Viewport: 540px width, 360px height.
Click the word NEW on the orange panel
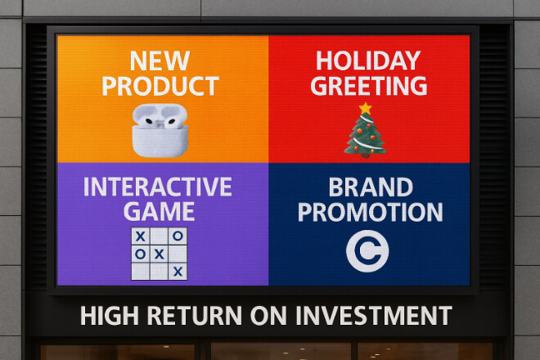(160, 61)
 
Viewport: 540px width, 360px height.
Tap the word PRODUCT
(160, 86)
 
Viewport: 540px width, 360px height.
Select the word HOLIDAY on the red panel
(368, 61)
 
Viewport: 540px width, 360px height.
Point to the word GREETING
(369, 86)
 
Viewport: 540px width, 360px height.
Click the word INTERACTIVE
(158, 187)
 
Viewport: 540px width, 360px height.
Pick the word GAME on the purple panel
(159, 211)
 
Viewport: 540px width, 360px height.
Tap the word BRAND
(371, 187)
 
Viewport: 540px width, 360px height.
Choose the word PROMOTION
(370, 212)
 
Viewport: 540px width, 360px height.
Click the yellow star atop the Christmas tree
(366, 108)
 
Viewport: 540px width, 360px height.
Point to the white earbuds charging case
(160, 131)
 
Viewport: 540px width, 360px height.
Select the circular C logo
(367, 251)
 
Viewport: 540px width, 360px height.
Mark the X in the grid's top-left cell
(141, 236)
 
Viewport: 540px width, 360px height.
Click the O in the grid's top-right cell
(178, 236)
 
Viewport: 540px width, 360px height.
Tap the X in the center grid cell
(159, 254)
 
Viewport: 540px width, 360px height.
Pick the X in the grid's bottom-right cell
(178, 272)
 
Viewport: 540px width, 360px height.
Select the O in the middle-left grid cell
(141, 254)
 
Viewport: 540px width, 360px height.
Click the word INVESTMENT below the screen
(374, 315)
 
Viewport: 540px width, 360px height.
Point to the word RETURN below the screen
(195, 315)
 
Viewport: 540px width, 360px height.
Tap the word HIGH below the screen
(110, 315)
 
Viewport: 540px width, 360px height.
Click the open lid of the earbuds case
(160, 115)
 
